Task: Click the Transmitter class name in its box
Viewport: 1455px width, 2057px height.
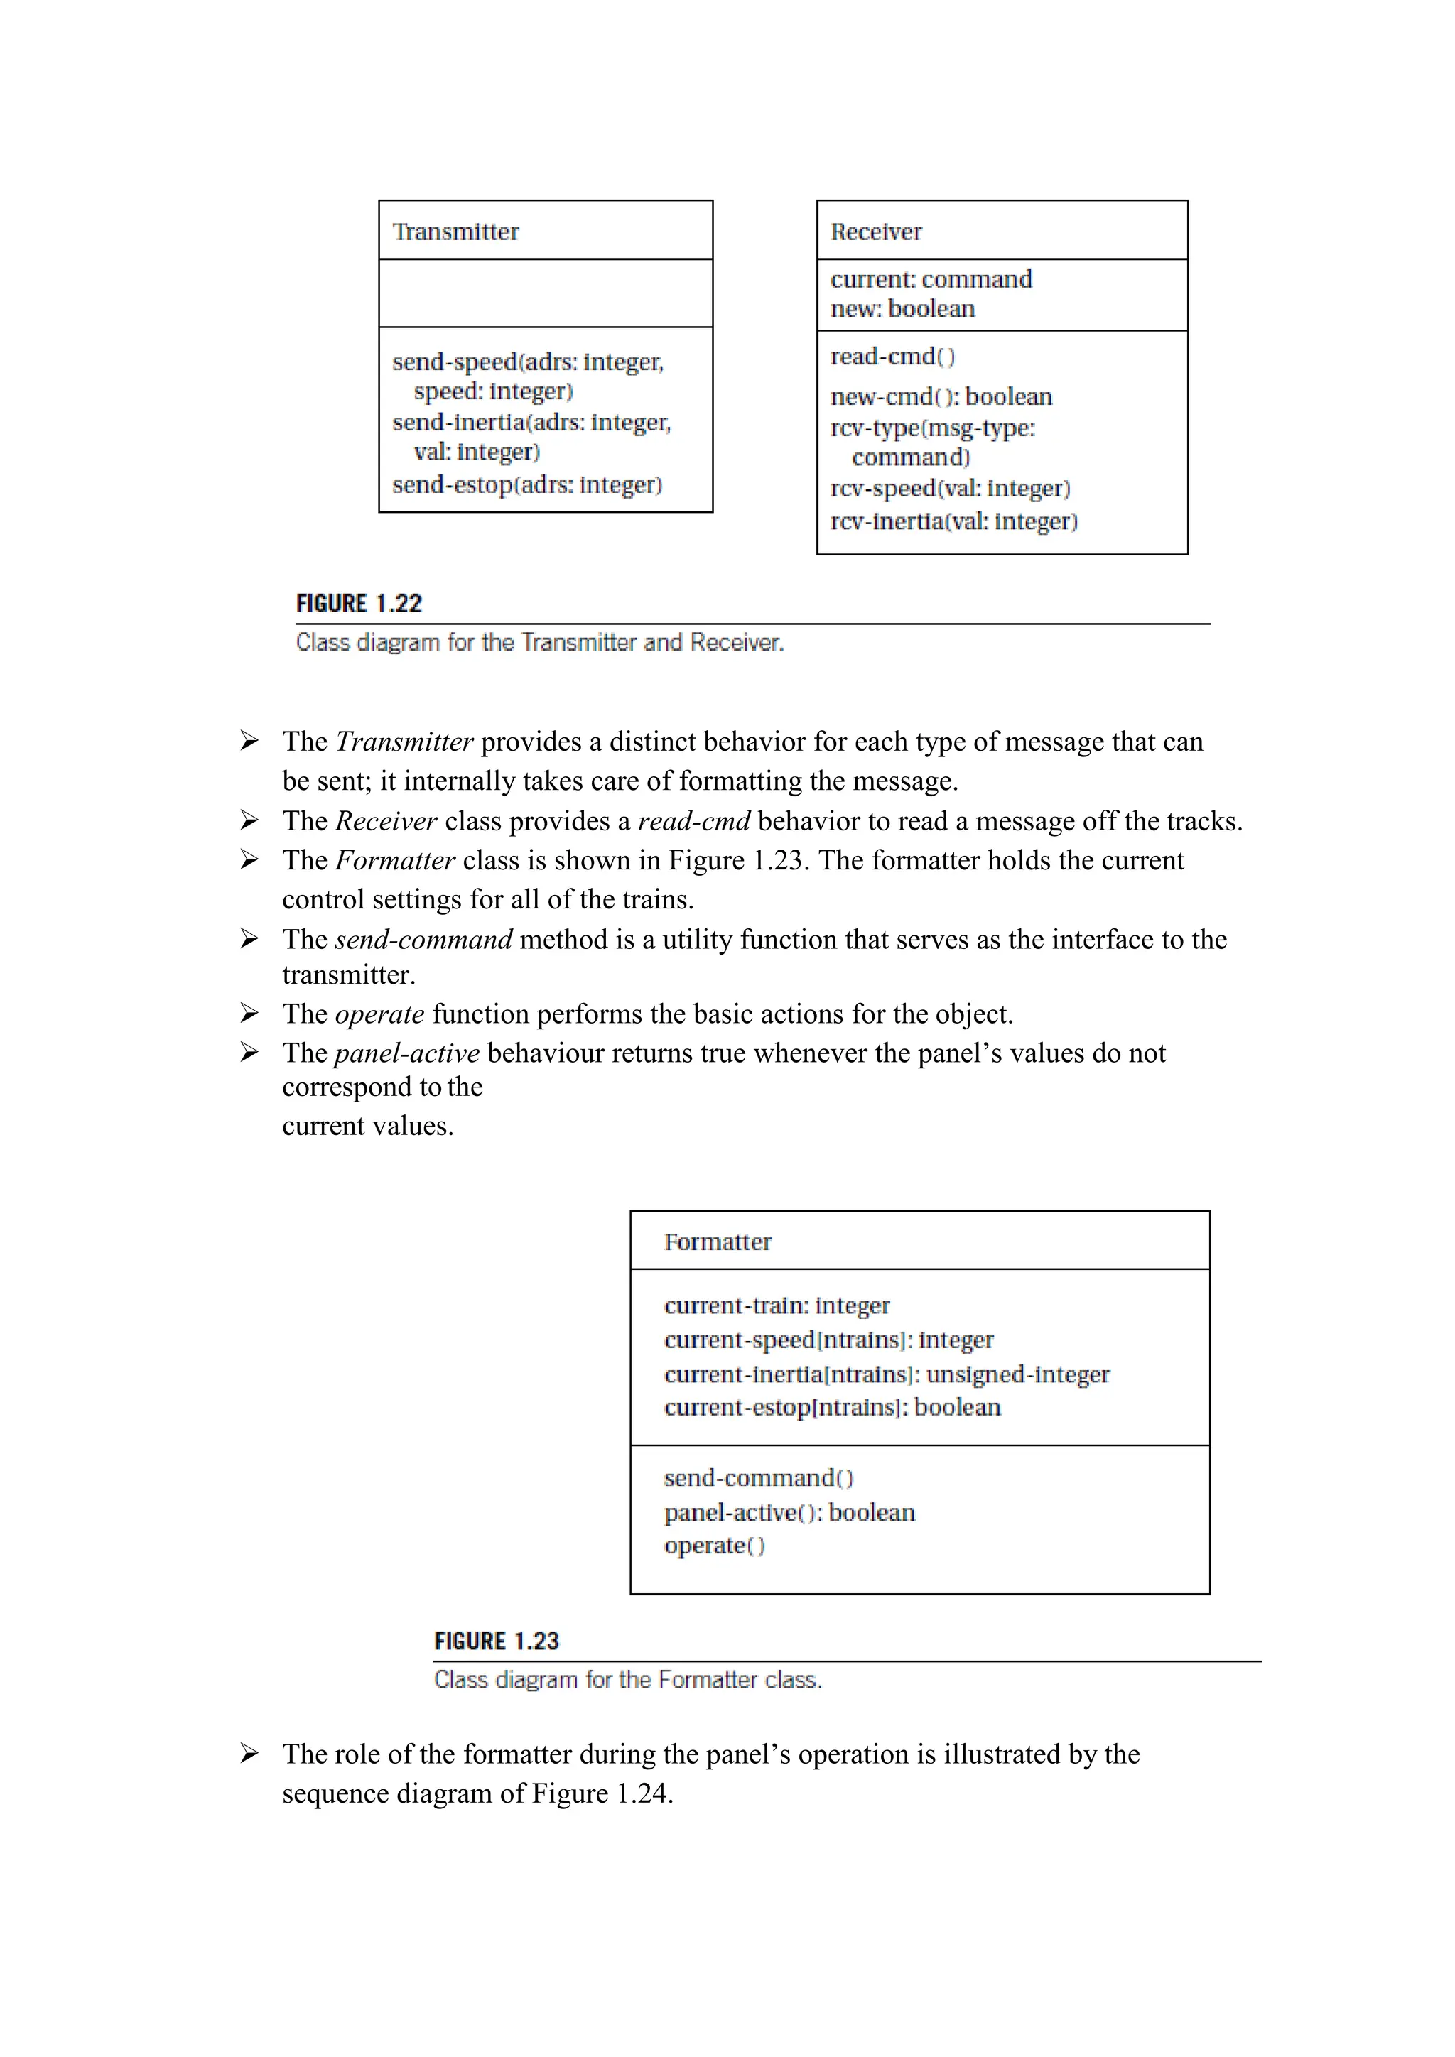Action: [x=455, y=232]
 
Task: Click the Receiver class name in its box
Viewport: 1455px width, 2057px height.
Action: [x=875, y=232]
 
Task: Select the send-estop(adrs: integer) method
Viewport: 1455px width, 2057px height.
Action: [x=527, y=484]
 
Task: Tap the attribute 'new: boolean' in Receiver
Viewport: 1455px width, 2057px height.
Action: [x=902, y=309]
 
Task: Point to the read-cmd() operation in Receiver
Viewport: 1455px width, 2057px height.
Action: [x=892, y=357]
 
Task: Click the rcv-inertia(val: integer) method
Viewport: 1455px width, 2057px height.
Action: [x=953, y=521]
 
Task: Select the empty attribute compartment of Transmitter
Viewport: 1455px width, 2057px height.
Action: [x=545, y=293]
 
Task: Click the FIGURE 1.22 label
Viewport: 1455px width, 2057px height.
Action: [x=358, y=604]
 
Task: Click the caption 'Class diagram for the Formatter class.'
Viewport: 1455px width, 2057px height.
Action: [x=627, y=1679]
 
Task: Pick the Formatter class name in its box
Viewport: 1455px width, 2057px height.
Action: [x=717, y=1242]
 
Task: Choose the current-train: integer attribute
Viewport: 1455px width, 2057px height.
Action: [x=776, y=1306]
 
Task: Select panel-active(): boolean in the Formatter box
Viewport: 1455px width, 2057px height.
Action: [x=789, y=1513]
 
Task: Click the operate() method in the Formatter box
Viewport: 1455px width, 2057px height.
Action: [x=714, y=1546]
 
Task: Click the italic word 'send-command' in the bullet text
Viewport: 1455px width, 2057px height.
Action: [x=423, y=940]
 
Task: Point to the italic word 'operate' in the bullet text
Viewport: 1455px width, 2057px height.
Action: [x=379, y=1014]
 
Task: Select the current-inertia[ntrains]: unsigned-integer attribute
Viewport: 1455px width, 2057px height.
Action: [x=886, y=1374]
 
